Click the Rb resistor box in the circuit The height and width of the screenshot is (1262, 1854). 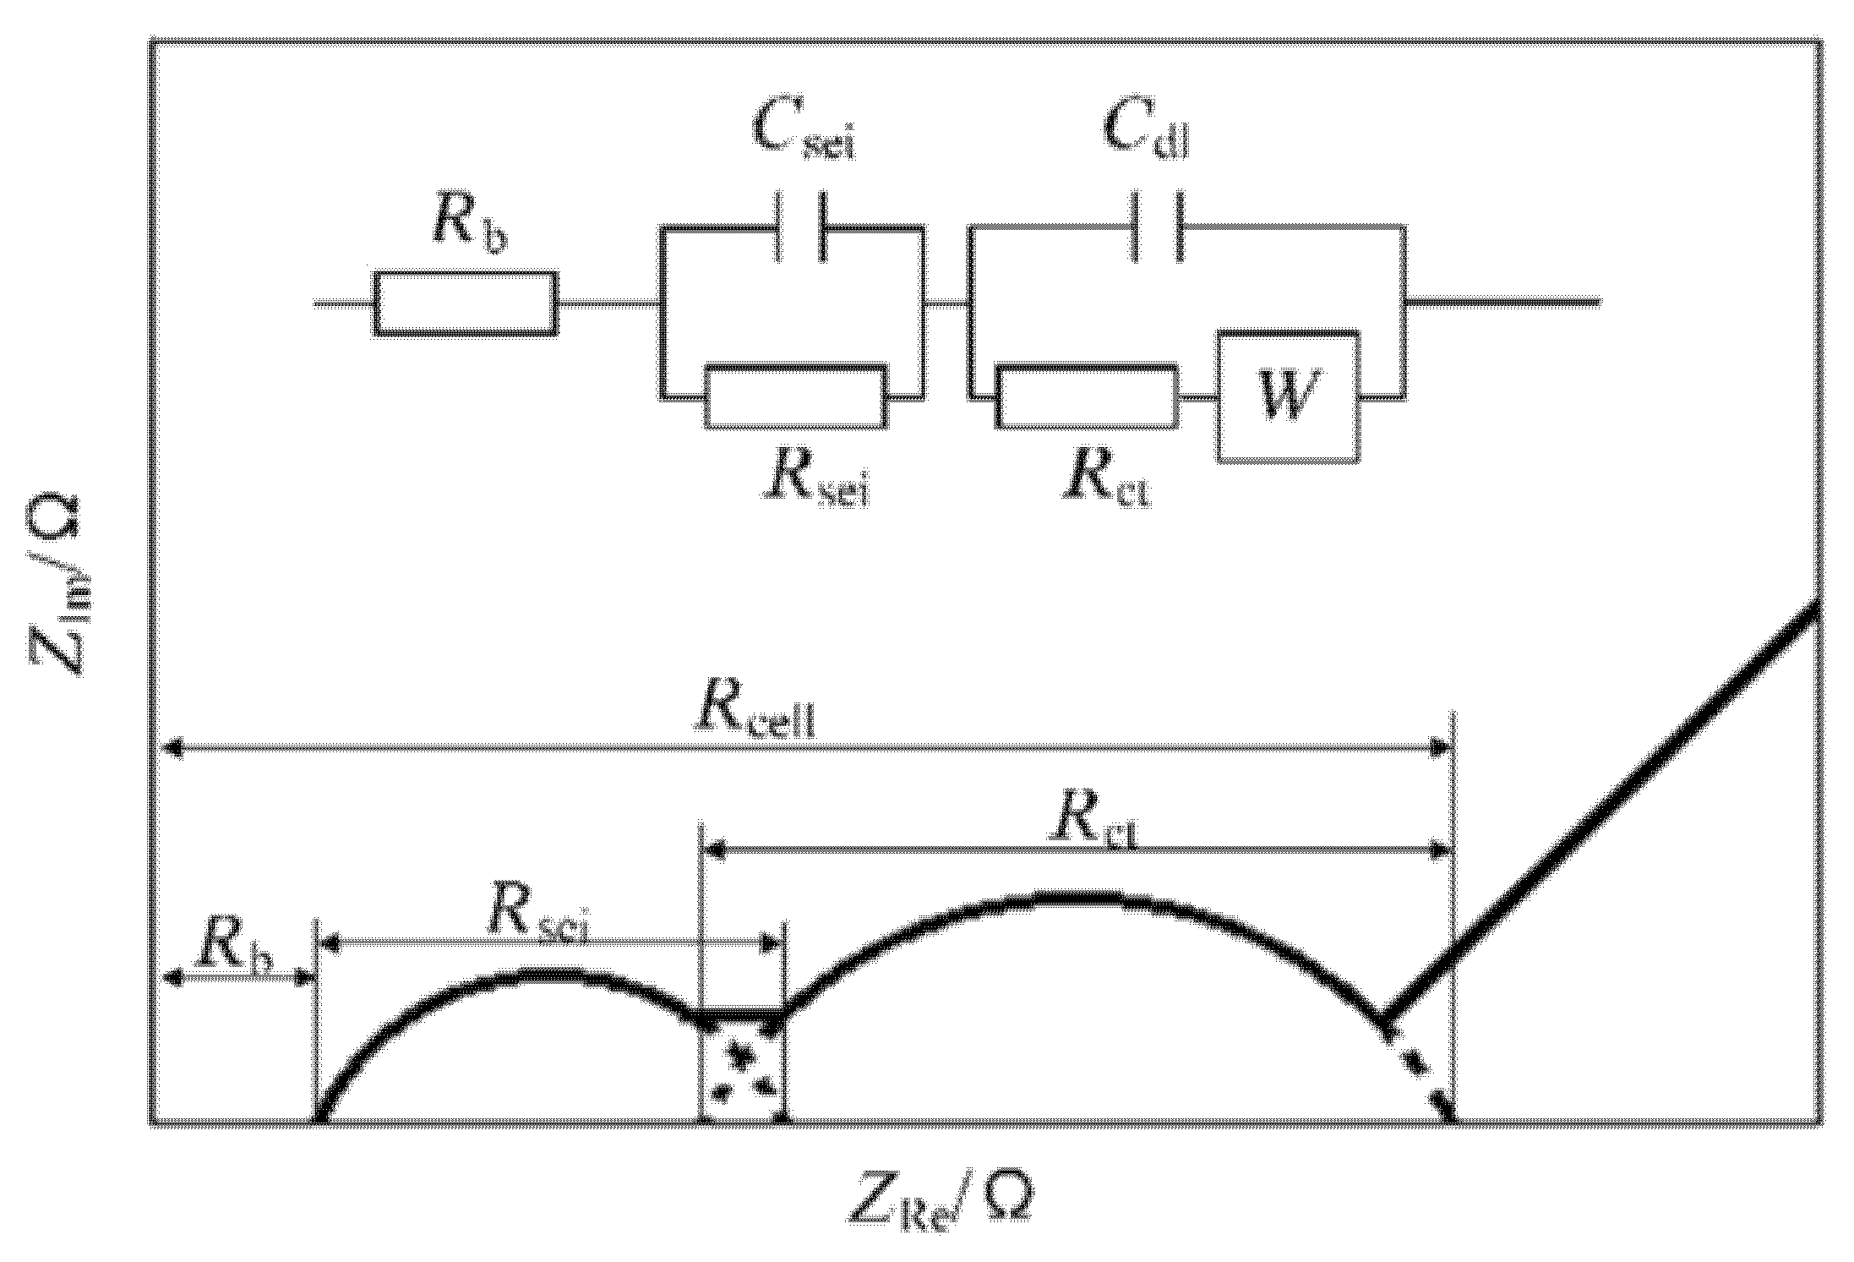coord(466,304)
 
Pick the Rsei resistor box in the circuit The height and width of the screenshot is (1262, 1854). coord(796,396)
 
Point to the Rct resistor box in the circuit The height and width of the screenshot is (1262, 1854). coord(1088,396)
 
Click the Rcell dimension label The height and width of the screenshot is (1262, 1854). coord(755,713)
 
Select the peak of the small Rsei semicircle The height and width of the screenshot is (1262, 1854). coord(541,975)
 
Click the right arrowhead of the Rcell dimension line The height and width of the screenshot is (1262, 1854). coord(1440,747)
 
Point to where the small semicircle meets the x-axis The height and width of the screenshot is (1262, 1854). coord(319,1119)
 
